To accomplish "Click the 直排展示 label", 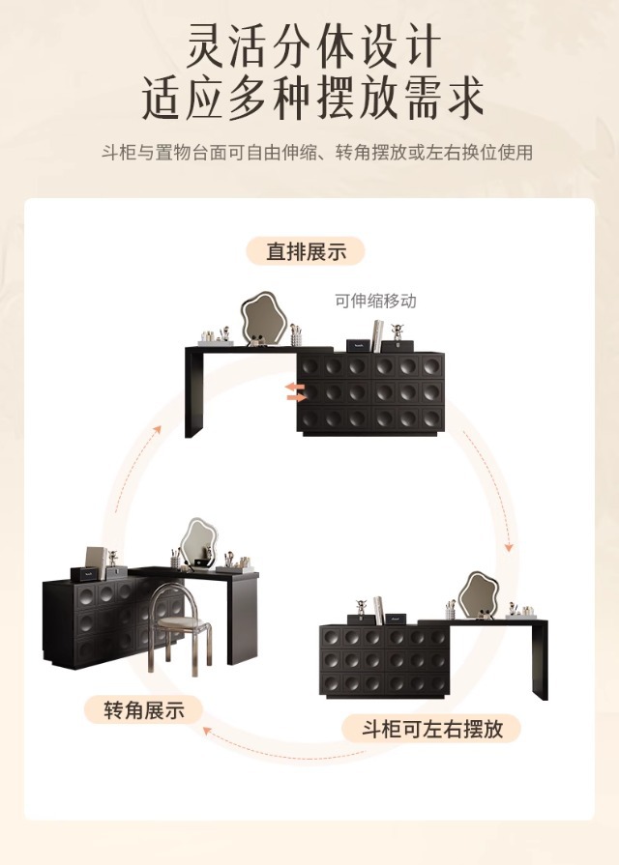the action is tap(306, 251).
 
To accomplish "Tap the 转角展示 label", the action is tap(144, 710).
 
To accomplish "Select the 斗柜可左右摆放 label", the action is tap(432, 728).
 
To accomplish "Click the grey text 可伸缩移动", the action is tap(375, 301).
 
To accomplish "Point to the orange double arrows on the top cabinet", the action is tap(295, 390).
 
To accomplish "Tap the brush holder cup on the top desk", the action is tap(296, 336).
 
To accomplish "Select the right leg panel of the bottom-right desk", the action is tap(540, 657).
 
